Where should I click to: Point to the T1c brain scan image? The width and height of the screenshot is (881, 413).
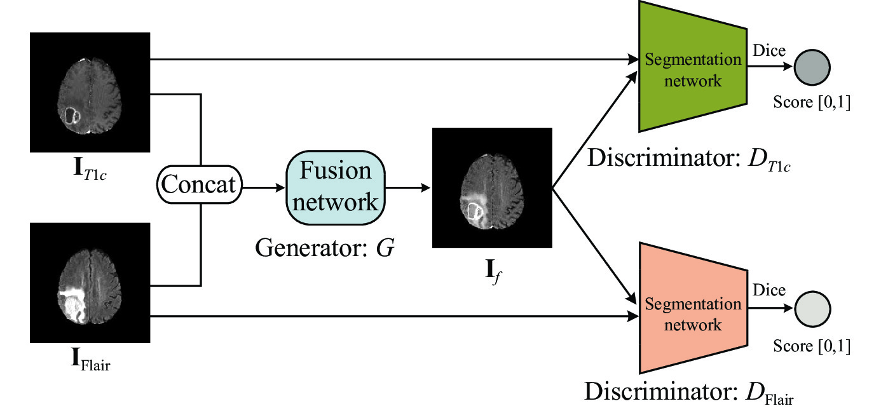90,92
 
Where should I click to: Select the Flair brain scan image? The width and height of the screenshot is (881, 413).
90,283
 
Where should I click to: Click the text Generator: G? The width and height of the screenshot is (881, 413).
325,247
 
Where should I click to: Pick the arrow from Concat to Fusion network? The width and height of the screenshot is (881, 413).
263,188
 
